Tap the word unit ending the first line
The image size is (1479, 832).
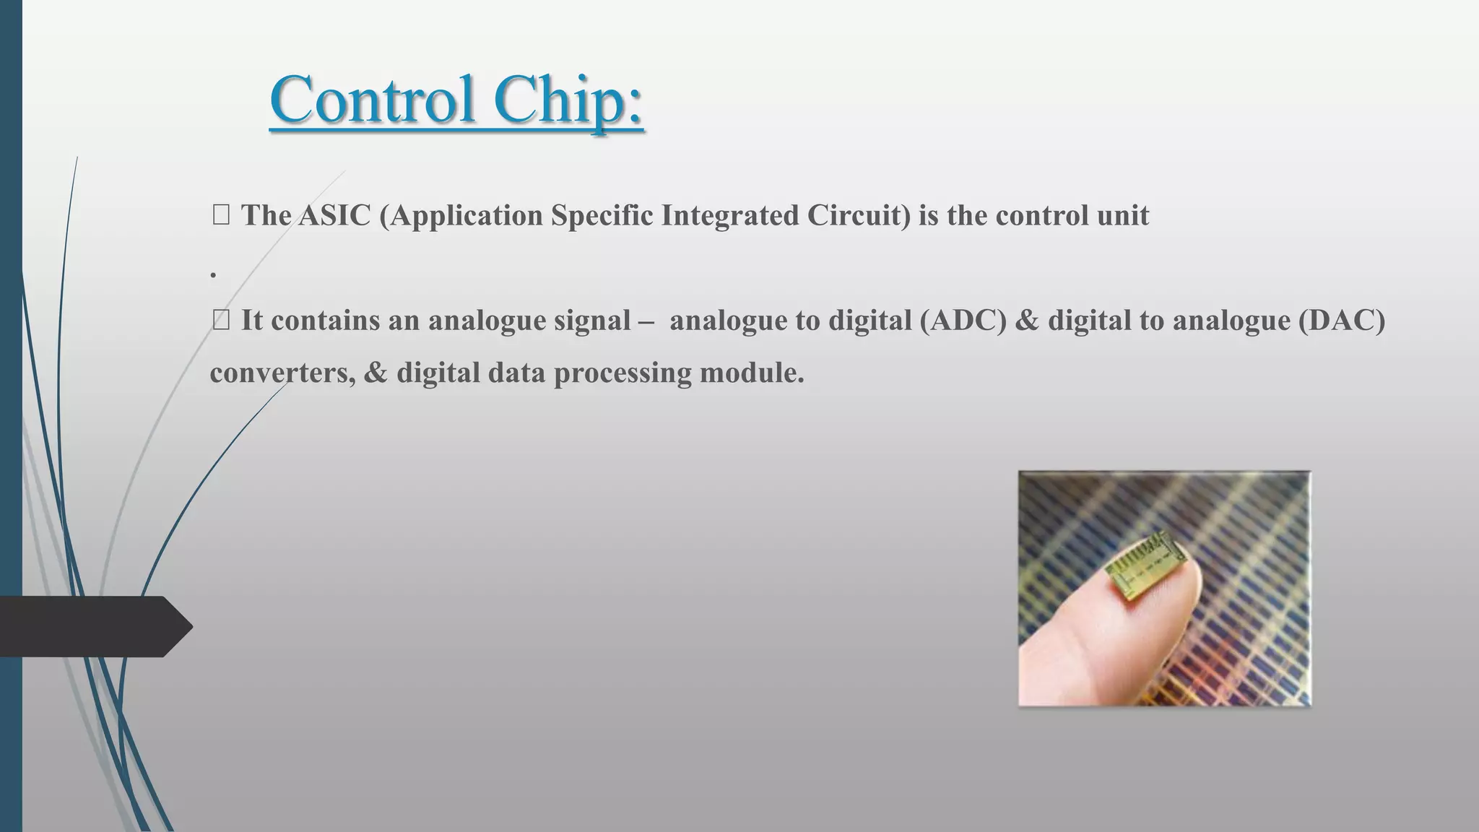1124,215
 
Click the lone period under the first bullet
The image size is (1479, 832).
213,274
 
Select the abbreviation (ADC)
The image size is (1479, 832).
963,320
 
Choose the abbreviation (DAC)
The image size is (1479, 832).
1341,320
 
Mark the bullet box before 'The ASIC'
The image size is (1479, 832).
221,215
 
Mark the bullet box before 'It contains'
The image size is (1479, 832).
221,320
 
